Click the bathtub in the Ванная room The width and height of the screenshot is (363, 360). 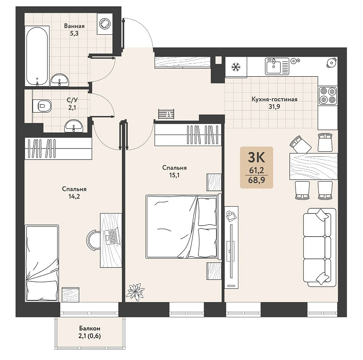(x=37, y=56)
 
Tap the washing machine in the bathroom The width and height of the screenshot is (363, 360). (x=105, y=24)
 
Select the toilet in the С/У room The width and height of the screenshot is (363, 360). (x=42, y=106)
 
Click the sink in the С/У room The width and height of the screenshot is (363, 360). (x=73, y=126)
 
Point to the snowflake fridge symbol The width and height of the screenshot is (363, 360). (x=236, y=67)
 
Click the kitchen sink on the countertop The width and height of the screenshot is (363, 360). (x=277, y=66)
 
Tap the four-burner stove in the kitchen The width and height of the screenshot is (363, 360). (x=328, y=95)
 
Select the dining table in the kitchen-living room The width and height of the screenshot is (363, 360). (x=313, y=166)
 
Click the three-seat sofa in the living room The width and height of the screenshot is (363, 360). (x=319, y=247)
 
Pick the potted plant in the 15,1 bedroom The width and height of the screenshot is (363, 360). (x=135, y=292)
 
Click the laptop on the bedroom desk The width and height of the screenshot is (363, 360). (x=112, y=236)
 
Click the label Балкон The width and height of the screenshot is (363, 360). (x=89, y=328)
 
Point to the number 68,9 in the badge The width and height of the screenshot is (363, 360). (x=256, y=180)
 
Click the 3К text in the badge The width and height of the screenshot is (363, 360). (x=256, y=158)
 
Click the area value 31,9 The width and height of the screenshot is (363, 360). (x=274, y=107)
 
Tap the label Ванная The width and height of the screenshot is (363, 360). (x=74, y=26)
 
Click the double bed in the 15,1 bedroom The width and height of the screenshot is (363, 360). (x=182, y=227)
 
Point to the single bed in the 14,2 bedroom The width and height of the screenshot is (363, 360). (x=42, y=263)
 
